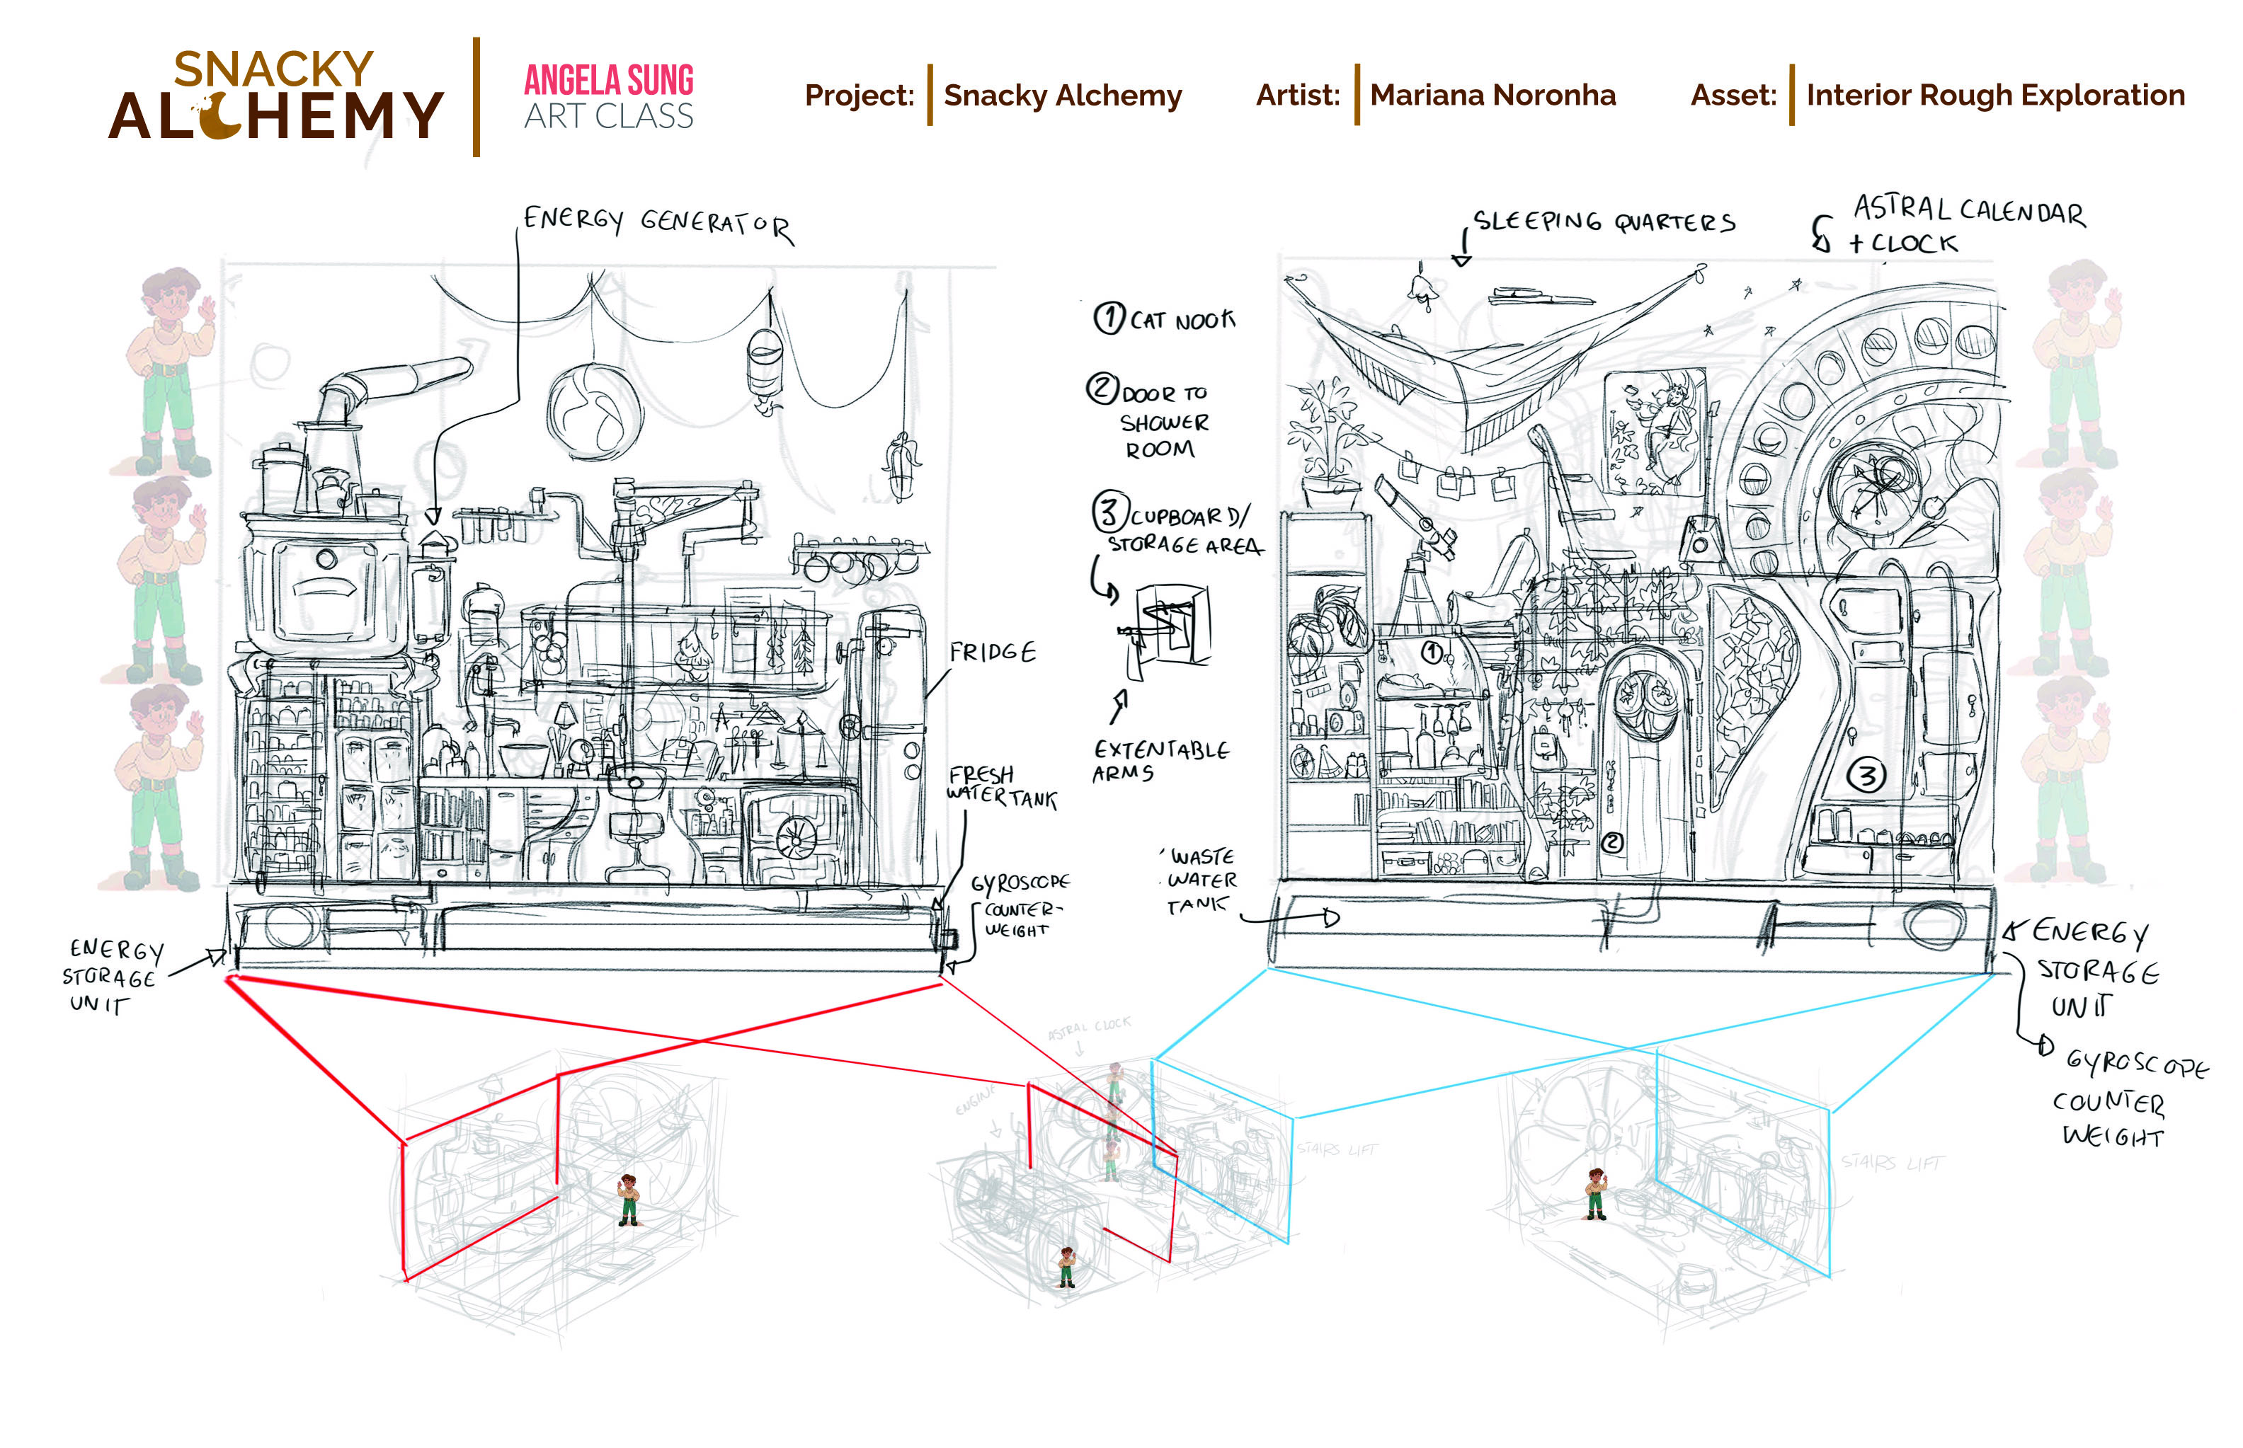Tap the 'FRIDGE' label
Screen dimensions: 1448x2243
(991, 652)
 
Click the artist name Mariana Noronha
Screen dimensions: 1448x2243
(1492, 95)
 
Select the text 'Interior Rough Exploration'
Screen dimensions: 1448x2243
(1994, 95)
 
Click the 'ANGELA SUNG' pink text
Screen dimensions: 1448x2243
(608, 81)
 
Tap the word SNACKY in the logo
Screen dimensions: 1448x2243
(274, 69)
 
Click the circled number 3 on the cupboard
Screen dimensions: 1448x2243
(1865, 776)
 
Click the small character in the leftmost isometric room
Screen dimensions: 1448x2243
(627, 1200)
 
